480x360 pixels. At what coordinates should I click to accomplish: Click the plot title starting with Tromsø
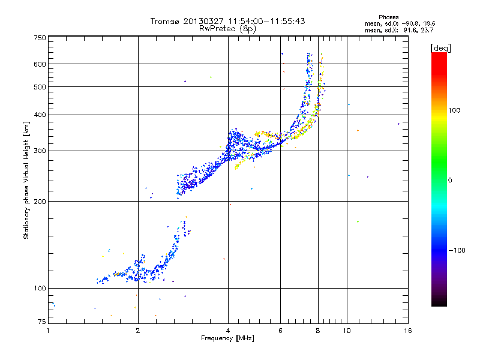228,21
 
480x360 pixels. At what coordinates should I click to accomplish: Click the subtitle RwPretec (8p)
228,28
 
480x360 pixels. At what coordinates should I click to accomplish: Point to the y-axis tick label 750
40,37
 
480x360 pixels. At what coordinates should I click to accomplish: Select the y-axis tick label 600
40,64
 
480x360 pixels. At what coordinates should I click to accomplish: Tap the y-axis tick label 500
40,86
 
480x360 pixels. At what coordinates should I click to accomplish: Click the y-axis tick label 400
40,115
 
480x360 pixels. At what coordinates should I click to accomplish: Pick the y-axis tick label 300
40,151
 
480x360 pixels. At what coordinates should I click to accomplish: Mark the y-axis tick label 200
40,201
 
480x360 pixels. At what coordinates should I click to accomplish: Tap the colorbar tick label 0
449,180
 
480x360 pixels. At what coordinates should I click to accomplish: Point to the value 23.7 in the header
427,29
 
